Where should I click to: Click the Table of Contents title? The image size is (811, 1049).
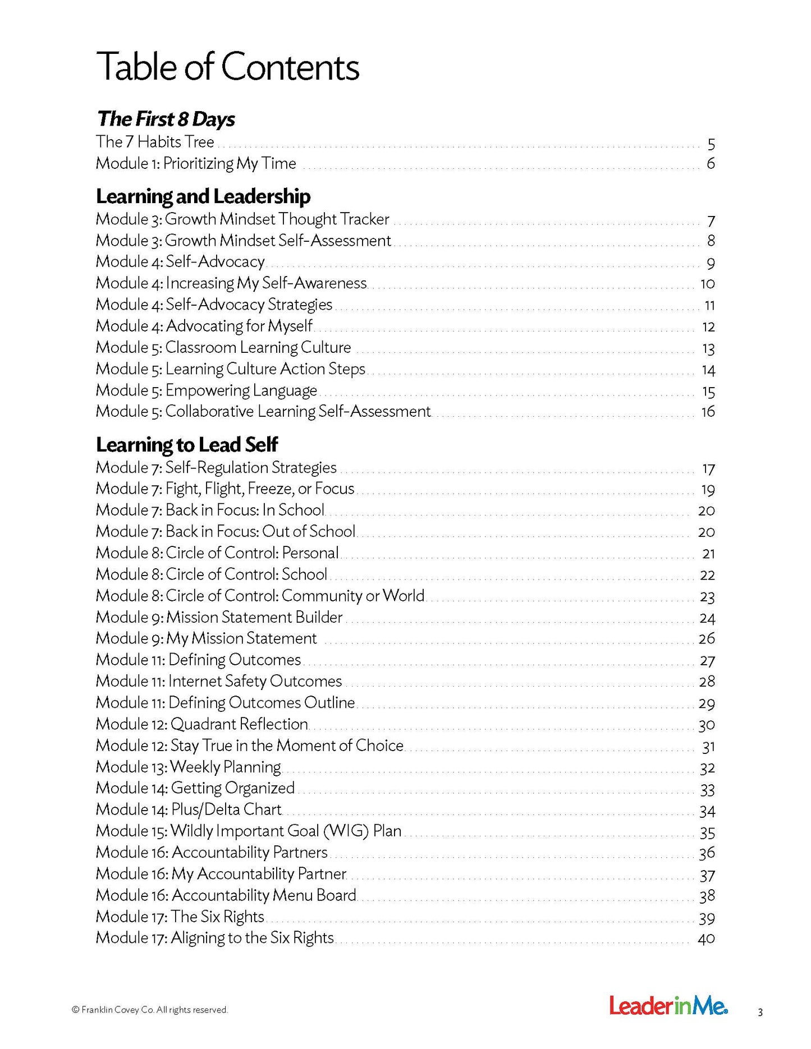(227, 67)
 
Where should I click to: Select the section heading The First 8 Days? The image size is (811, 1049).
(166, 119)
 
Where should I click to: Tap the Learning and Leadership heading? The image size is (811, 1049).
(203, 196)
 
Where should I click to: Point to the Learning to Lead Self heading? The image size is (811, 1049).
(186, 445)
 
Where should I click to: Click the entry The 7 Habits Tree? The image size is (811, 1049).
(155, 142)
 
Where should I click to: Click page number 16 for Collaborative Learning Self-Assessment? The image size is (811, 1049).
(708, 412)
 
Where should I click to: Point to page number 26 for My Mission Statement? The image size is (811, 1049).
(707, 639)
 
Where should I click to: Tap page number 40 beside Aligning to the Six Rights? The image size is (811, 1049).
(706, 938)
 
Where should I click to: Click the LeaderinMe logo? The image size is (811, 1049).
(668, 1006)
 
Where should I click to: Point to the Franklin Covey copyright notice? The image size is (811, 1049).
(149, 1010)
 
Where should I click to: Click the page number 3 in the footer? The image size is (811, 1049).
(760, 1013)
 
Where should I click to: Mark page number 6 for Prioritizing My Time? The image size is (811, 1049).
(711, 164)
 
